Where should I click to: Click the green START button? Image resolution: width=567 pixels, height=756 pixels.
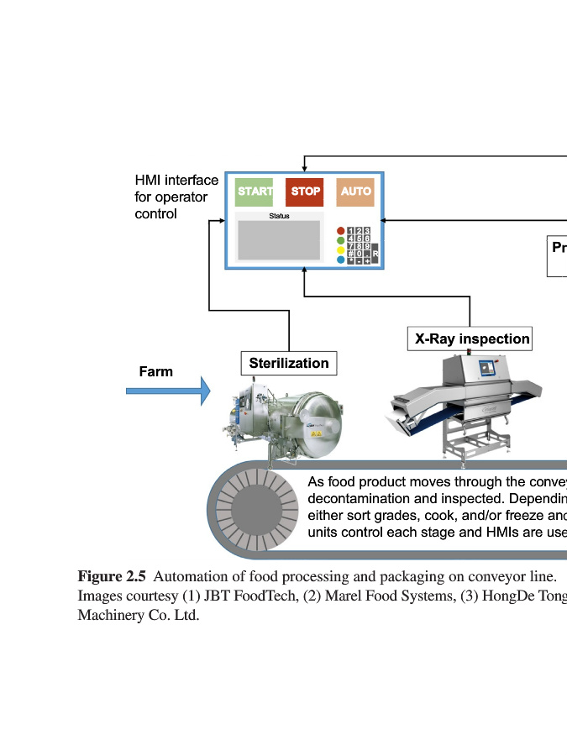pos(254,192)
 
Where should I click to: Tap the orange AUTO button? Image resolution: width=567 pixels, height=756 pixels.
pos(355,192)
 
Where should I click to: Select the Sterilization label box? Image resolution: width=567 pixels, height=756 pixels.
pos(289,363)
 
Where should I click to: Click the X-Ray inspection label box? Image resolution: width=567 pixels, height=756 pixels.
pos(470,339)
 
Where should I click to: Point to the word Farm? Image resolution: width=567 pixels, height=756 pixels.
pos(156,371)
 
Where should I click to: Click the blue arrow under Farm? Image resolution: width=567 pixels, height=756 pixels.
pos(167,391)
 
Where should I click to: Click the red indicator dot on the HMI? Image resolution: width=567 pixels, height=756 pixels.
pos(341,230)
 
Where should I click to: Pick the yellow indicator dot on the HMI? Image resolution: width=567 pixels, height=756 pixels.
pos(341,250)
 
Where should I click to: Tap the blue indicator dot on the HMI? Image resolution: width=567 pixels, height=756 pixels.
pos(341,260)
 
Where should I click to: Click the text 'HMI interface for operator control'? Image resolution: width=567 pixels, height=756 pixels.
pos(176,197)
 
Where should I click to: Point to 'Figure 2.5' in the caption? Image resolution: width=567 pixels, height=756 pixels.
pos(112,576)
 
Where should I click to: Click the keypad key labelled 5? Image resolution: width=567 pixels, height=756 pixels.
pos(360,239)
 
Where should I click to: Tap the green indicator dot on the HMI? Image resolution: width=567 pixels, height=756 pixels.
pos(341,240)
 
